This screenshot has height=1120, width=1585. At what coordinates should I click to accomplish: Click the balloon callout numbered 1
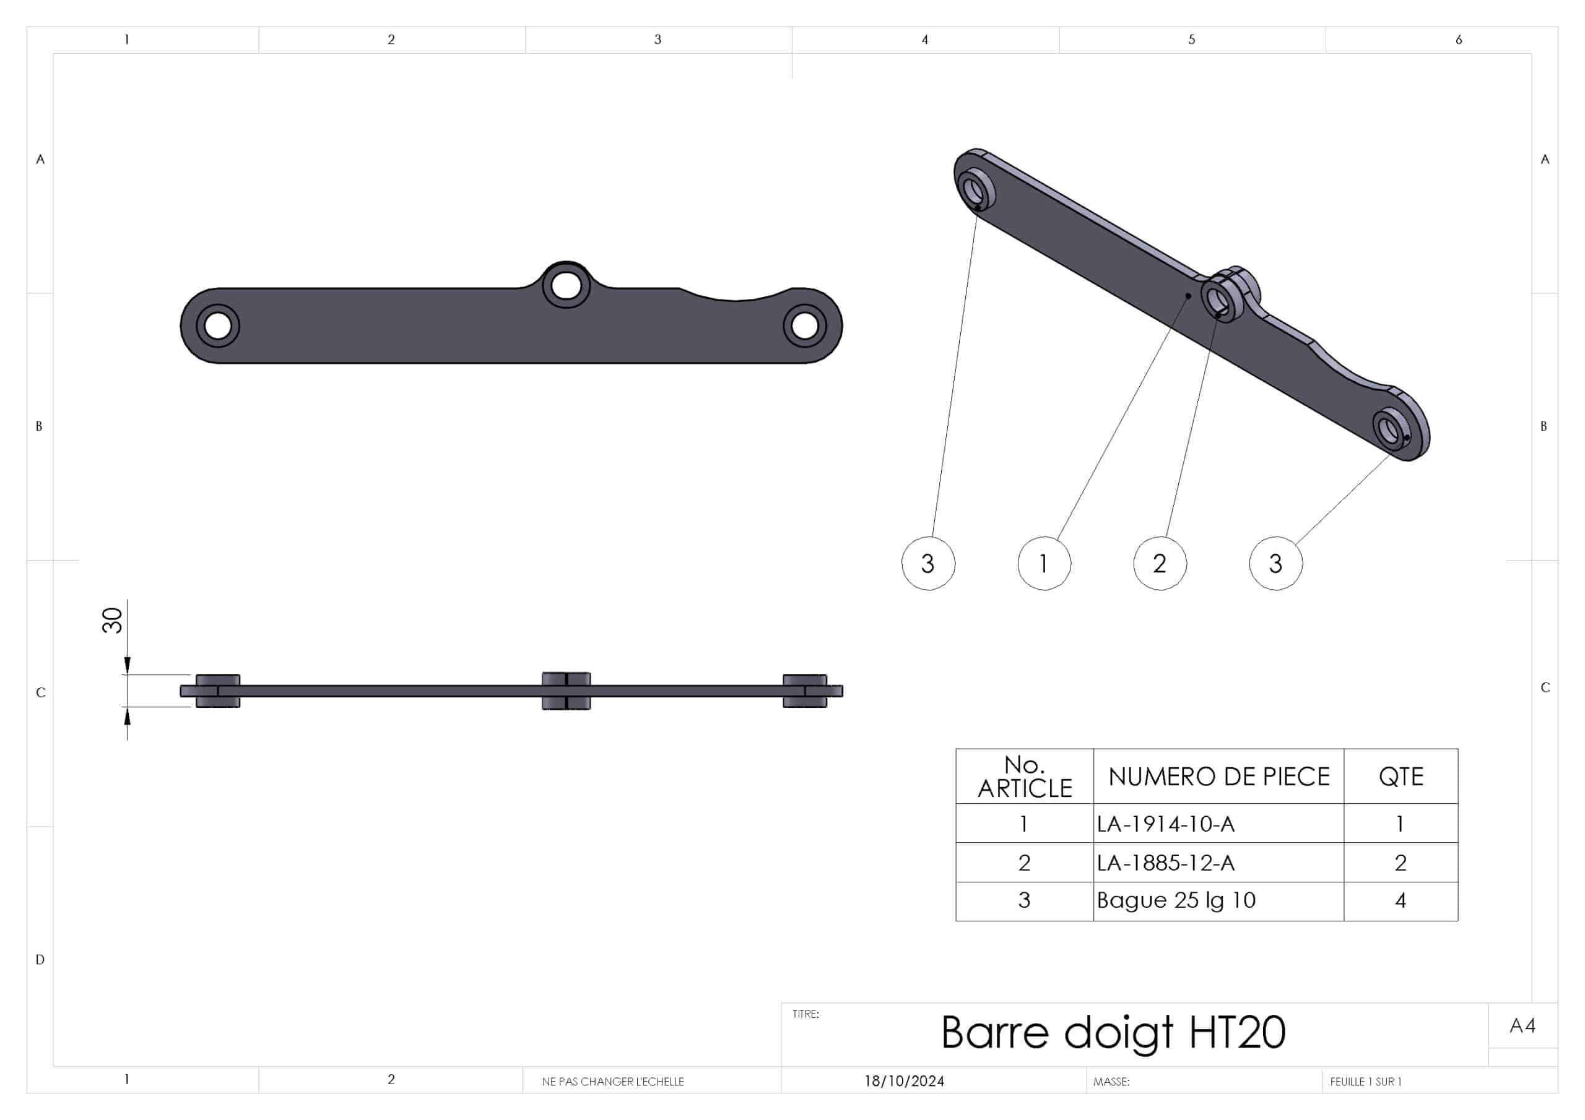pyautogui.click(x=1044, y=563)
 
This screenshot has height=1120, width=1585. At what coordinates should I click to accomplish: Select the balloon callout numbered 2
pyautogui.click(x=1160, y=563)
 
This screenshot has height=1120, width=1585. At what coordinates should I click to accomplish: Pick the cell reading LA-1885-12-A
pyautogui.click(x=1165, y=862)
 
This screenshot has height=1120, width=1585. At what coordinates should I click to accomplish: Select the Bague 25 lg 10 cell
pyautogui.click(x=1176, y=900)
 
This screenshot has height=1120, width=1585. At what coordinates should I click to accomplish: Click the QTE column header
pyautogui.click(x=1400, y=777)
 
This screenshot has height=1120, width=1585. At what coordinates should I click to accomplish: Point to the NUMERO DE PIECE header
pyautogui.click(x=1218, y=777)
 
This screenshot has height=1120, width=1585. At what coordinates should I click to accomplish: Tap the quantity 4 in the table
pyautogui.click(x=1400, y=900)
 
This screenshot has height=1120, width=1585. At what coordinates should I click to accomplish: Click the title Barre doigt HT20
pyautogui.click(x=1113, y=1032)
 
